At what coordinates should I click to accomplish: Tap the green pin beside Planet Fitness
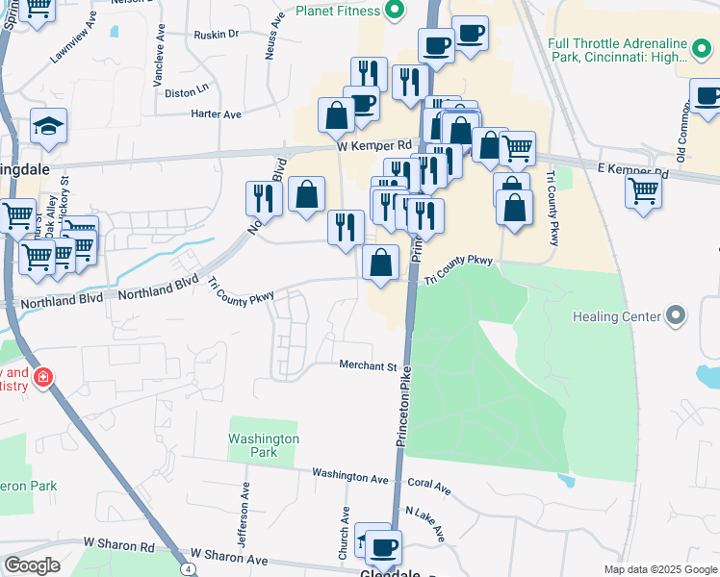393,11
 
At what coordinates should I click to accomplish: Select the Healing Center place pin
675,315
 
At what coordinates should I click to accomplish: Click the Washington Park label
264,445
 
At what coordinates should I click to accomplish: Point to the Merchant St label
368,366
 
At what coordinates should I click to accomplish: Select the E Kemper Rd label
632,170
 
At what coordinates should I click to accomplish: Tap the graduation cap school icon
46,127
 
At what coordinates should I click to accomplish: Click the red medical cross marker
42,378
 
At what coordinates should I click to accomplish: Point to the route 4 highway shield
190,569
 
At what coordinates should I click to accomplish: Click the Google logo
32,565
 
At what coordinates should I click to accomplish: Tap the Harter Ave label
217,114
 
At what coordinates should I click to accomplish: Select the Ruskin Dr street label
214,34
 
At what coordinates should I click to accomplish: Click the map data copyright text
660,569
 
